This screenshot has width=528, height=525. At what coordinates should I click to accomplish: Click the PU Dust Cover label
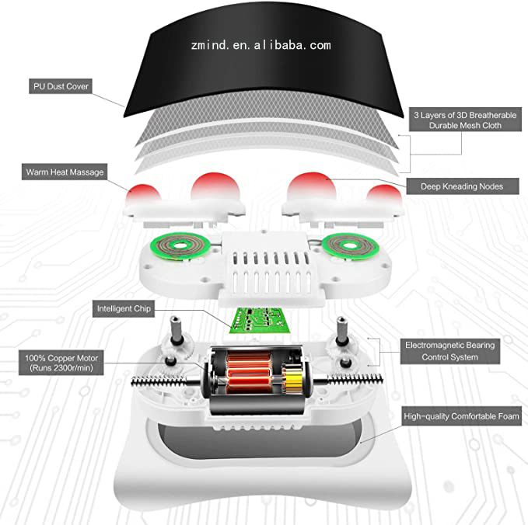pyautogui.click(x=60, y=85)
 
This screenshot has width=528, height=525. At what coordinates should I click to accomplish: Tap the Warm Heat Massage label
pyautogui.click(x=65, y=172)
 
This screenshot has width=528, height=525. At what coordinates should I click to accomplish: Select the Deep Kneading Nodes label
pyautogui.click(x=462, y=186)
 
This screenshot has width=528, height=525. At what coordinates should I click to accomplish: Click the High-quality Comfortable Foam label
pyautogui.click(x=461, y=417)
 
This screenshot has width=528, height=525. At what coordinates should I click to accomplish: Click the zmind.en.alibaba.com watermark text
pyautogui.click(x=261, y=45)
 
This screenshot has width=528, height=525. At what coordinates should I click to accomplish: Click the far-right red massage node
pyautogui.click(x=383, y=196)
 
